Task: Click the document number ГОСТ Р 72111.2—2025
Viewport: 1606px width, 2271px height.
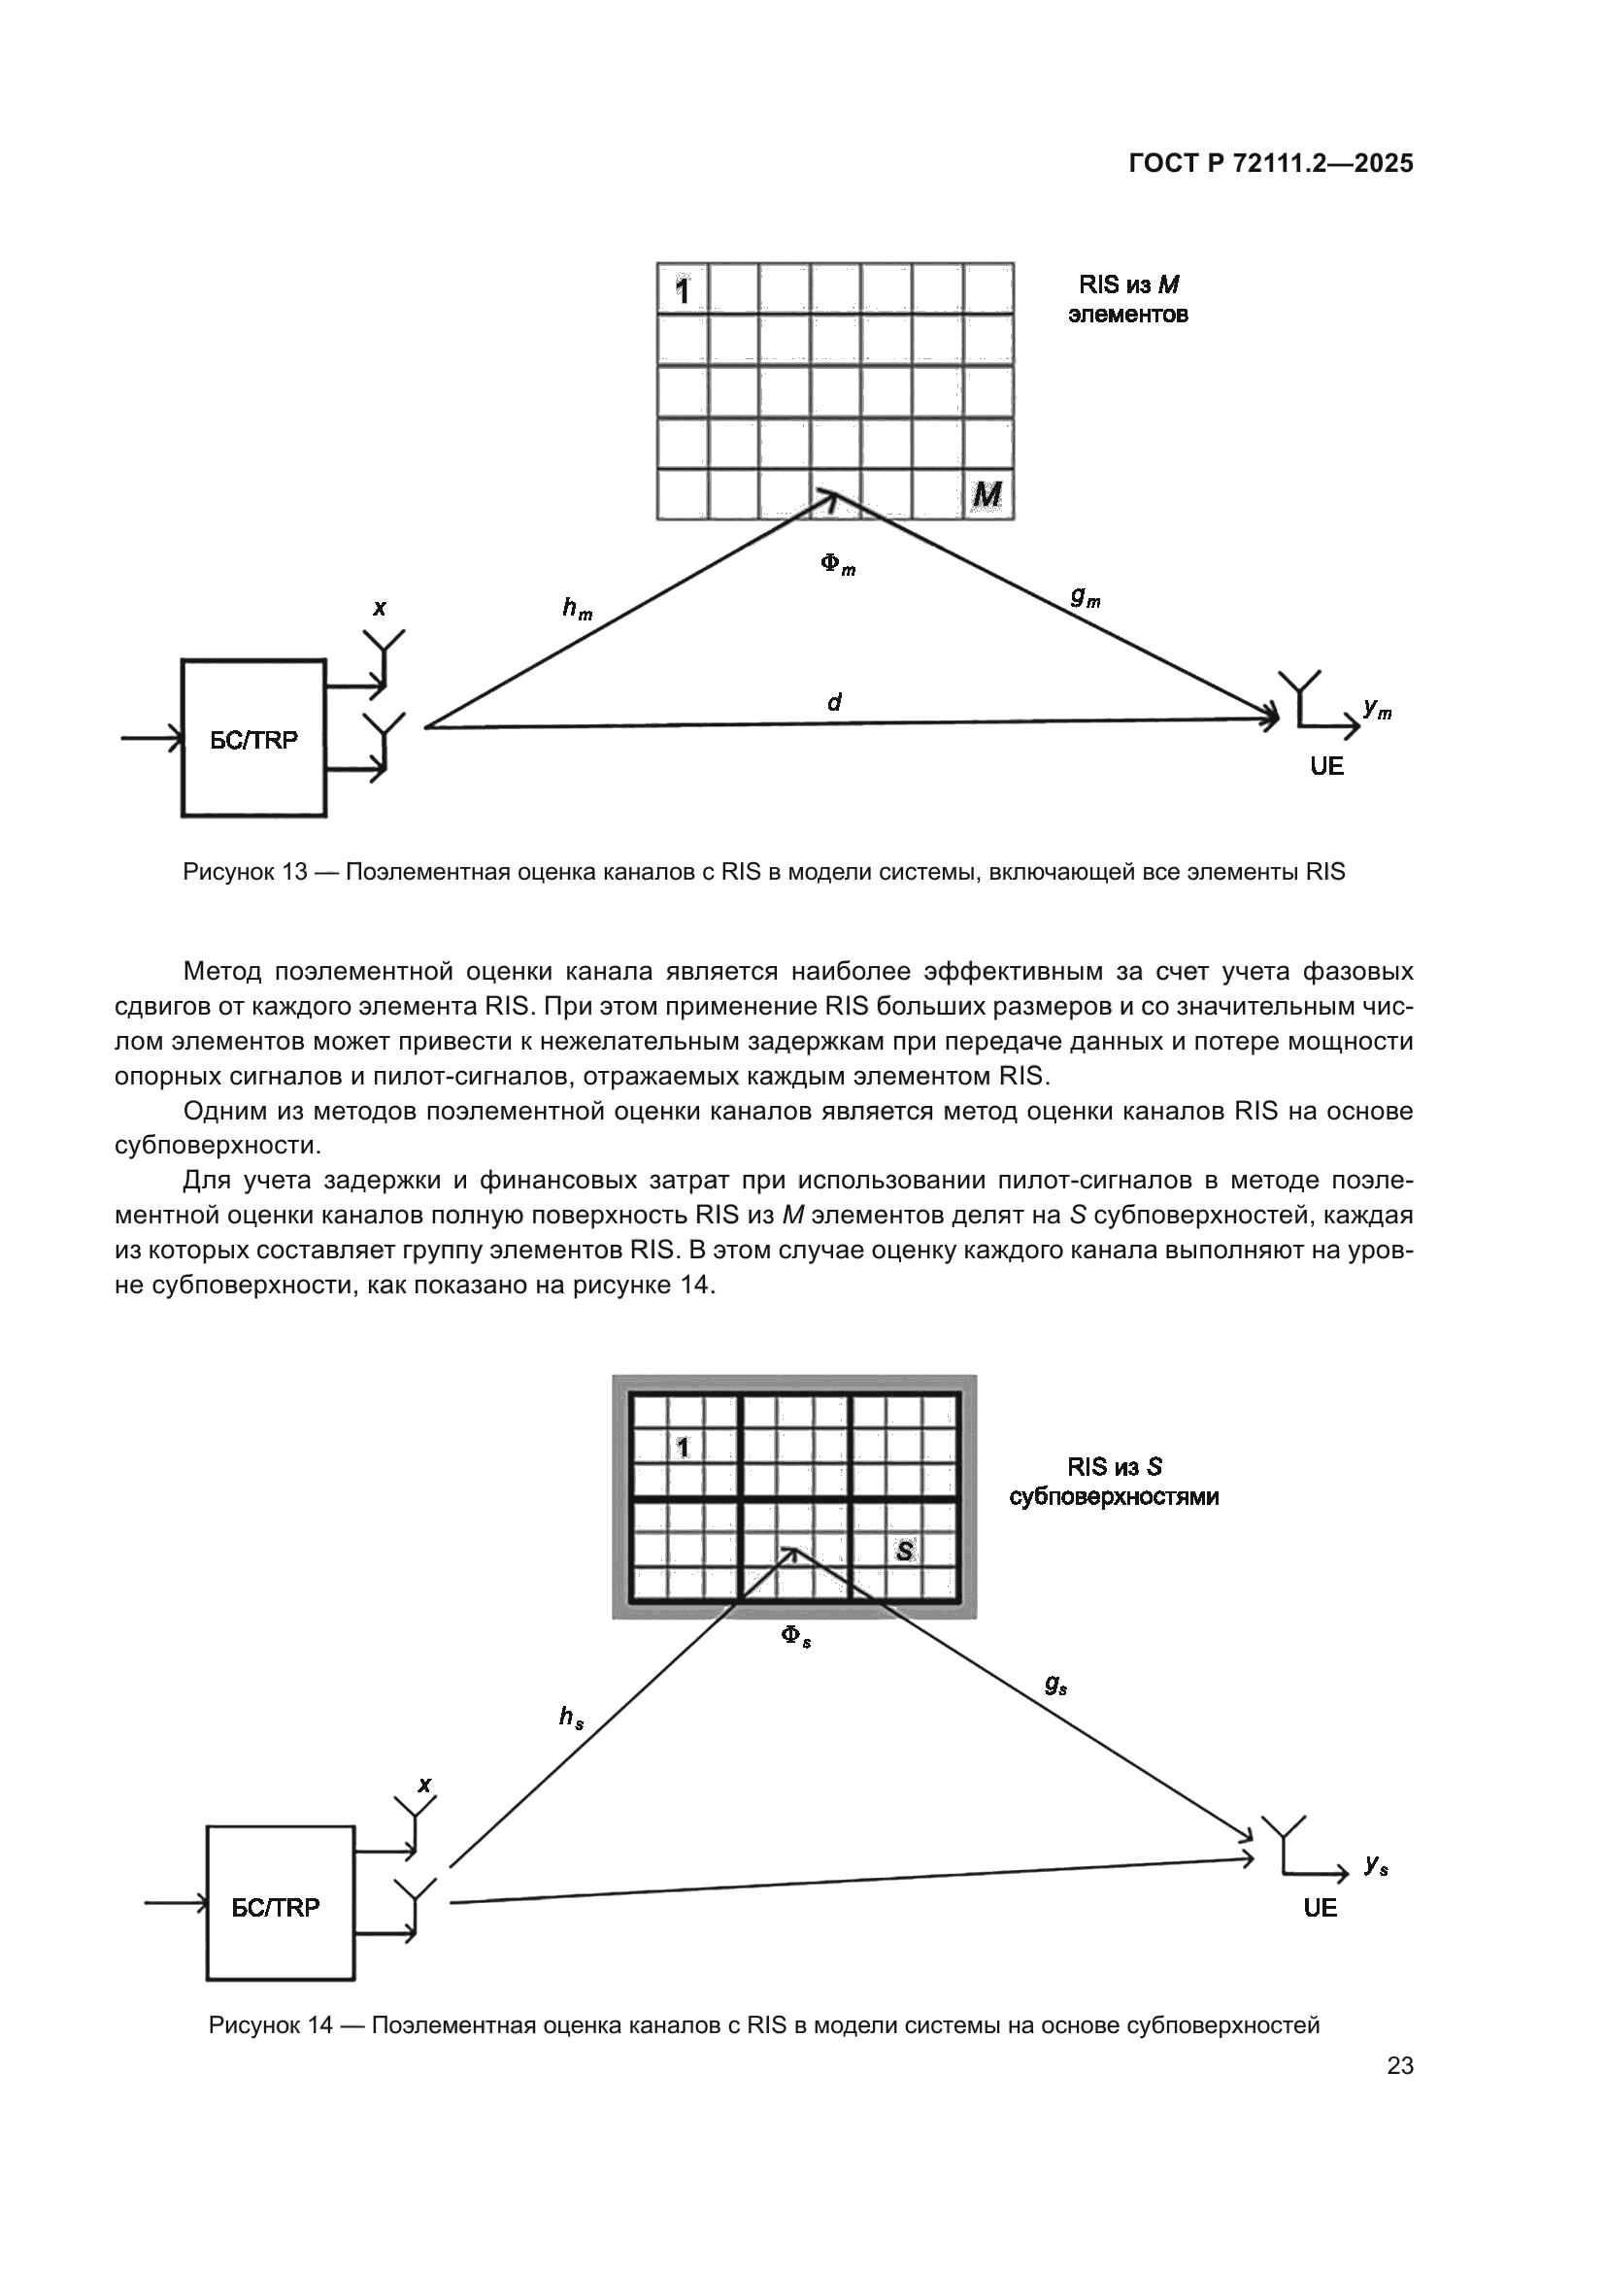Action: (1270, 163)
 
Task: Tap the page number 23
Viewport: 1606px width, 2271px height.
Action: (1399, 2065)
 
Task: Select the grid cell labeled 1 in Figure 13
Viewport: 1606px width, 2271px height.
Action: (683, 289)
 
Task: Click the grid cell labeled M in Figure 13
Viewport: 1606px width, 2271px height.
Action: (987, 493)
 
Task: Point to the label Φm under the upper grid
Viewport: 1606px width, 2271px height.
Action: (838, 565)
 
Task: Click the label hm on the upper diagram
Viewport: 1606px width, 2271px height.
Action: (577, 609)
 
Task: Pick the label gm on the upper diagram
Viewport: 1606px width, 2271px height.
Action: (1085, 596)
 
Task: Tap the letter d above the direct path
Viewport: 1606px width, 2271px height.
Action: (834, 702)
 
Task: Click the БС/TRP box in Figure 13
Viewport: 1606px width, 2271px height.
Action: (254, 739)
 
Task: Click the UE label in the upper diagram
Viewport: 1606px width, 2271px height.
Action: (1326, 767)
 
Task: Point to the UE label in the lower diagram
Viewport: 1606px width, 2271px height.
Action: (1321, 1908)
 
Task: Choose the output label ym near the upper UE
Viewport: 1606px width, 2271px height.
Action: (1377, 708)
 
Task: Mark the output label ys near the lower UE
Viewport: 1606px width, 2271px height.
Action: (1376, 1864)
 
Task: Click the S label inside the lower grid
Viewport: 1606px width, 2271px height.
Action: (904, 1551)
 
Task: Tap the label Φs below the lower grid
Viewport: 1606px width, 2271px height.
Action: (796, 1636)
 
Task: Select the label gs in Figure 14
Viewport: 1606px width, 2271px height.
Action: (1055, 1684)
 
